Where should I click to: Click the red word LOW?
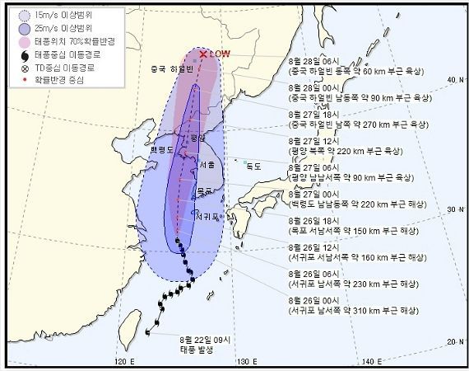(218, 54)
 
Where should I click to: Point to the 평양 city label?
(195, 140)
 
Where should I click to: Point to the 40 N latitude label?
(451, 79)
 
